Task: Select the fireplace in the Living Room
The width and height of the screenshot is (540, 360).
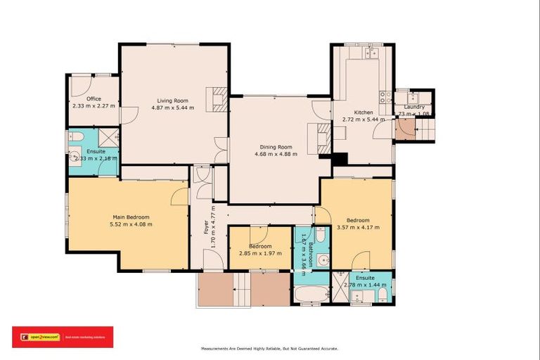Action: coord(219,99)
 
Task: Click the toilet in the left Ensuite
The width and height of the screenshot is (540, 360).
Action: coord(77,136)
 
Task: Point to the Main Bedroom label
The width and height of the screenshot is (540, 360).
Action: coord(131,217)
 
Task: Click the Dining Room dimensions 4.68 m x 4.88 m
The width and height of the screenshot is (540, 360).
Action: coord(276,154)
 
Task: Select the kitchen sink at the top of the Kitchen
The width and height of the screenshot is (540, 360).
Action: coord(370,53)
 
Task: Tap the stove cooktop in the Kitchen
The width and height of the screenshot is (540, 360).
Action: coord(385,98)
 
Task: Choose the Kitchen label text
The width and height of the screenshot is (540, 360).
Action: coord(363,112)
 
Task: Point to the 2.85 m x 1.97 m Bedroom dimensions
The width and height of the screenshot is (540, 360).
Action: coord(259,254)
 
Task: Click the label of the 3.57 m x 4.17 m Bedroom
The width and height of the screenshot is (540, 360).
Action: coord(356,220)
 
